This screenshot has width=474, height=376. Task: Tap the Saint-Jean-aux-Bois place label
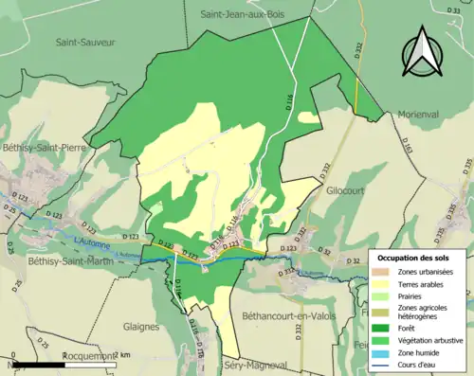[x=249, y=15]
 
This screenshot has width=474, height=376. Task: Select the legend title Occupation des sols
[x=416, y=258]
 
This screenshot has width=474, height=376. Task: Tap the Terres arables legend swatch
[x=384, y=282]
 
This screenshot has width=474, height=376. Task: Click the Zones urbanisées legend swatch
[x=384, y=271]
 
